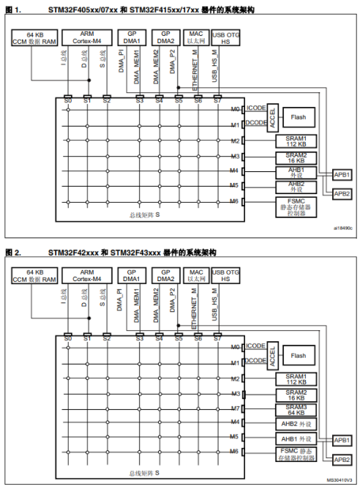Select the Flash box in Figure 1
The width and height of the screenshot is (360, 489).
coord(298,117)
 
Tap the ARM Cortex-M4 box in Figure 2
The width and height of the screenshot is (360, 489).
coord(87,277)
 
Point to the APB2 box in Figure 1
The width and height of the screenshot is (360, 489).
coord(342,193)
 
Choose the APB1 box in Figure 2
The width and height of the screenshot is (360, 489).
coord(342,440)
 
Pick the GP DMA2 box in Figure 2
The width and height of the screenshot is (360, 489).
coord(166,277)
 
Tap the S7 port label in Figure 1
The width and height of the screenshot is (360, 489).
coord(217,100)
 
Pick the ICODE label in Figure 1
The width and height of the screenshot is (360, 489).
coord(256,108)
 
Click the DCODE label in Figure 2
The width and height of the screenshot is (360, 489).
coord(256,361)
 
